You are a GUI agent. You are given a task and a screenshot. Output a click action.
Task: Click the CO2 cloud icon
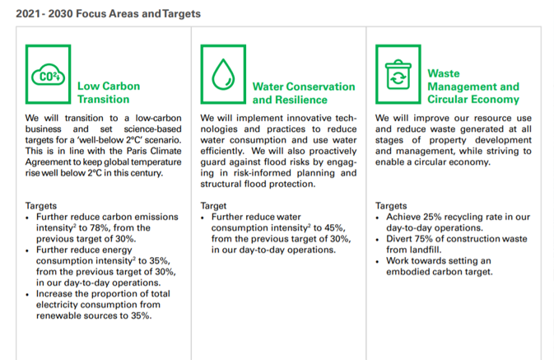pyautogui.click(x=48, y=75)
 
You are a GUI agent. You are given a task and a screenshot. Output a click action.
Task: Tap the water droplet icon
pyautogui.click(x=223, y=74)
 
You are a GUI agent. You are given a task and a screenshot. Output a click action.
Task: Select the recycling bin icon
pyautogui.click(x=398, y=74)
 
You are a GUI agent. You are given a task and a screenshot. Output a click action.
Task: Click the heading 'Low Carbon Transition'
pyautogui.click(x=109, y=92)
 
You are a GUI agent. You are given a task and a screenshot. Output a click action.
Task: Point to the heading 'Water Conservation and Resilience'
pyautogui.click(x=304, y=93)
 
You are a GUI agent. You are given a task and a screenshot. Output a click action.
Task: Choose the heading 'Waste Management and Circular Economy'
pyautogui.click(x=473, y=86)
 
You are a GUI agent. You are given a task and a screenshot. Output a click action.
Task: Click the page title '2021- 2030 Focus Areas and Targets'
pyautogui.click(x=108, y=14)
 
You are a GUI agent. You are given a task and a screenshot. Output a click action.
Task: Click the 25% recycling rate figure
pyautogui.click(x=432, y=217)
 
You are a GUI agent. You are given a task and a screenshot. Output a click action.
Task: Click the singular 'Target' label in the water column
pyautogui.click(x=213, y=206)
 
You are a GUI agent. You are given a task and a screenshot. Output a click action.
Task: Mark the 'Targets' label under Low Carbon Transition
pyautogui.click(x=41, y=206)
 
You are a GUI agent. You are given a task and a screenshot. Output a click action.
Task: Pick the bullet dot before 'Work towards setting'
pyautogui.click(x=377, y=262)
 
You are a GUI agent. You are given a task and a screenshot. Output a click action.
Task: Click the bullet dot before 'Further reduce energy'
pyautogui.click(x=27, y=251)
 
